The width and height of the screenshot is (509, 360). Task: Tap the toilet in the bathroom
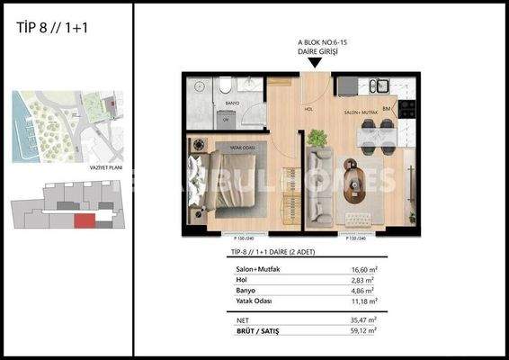pyautogui.click(x=220, y=88)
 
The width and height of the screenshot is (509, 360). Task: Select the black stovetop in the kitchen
pyautogui.click(x=407, y=107)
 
